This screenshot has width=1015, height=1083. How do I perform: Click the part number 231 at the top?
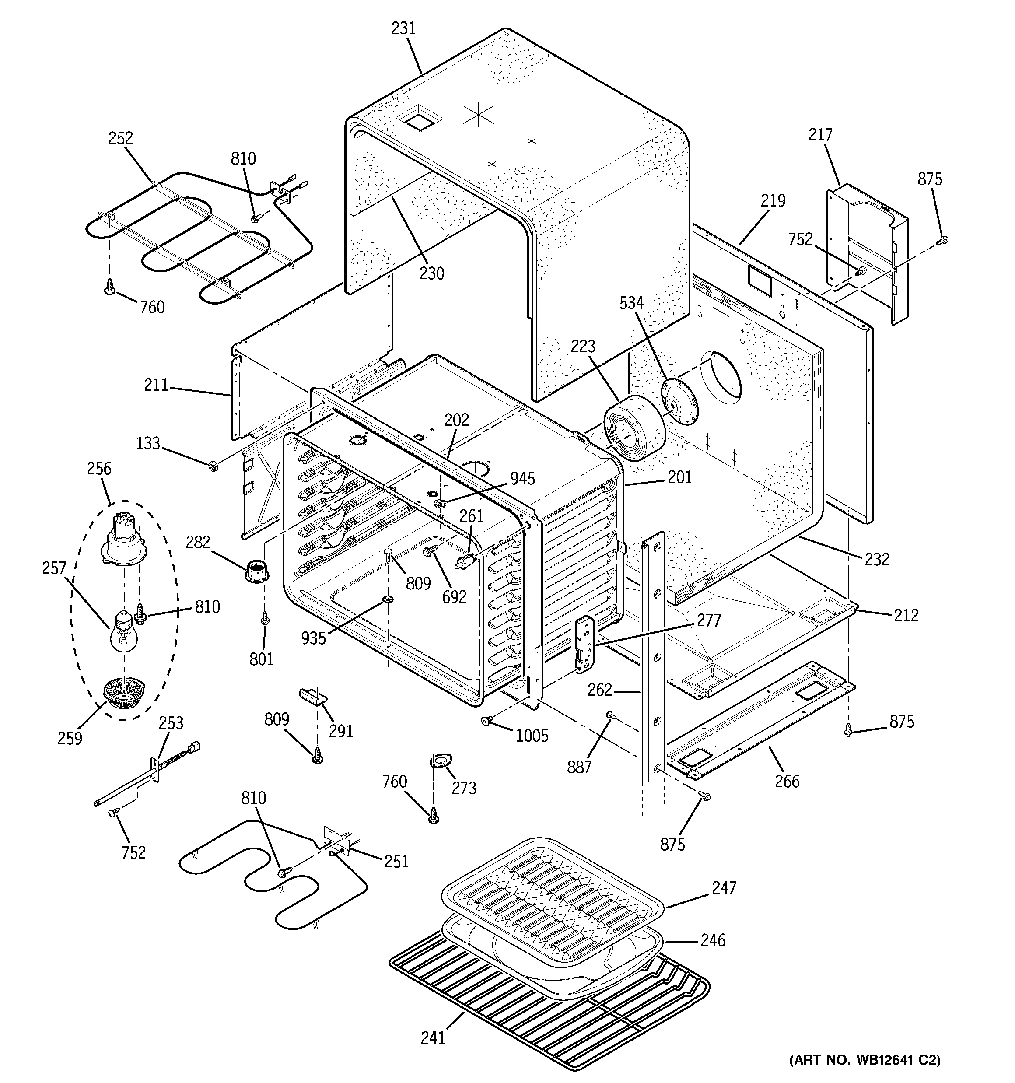click(x=403, y=28)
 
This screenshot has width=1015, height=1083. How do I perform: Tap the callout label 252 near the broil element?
click(x=120, y=138)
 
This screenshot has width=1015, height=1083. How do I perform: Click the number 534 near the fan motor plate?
click(x=631, y=303)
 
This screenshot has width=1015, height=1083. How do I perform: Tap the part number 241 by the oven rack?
click(x=433, y=1038)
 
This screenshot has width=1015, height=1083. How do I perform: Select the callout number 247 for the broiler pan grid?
click(x=724, y=888)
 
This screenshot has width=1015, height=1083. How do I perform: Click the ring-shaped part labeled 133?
click(x=213, y=466)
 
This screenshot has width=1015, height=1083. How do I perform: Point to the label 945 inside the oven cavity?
click(x=522, y=479)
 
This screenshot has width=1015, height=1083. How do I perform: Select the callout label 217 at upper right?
click(x=820, y=135)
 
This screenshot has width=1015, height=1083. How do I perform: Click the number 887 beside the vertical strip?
click(x=579, y=767)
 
